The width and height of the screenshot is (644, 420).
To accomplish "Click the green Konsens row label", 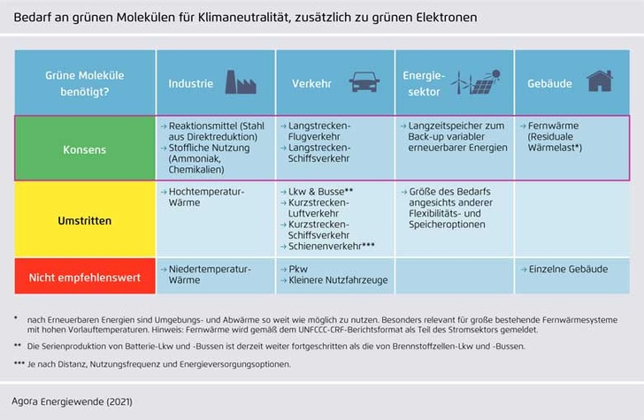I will pyautogui.click(x=85, y=149).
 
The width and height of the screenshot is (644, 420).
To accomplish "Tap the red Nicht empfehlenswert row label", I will pyautogui.click(x=85, y=277).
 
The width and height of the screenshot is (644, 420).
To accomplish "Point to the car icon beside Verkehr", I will pyautogui.click(x=364, y=83).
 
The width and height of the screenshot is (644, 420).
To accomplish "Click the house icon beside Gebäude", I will pyautogui.click(x=599, y=81).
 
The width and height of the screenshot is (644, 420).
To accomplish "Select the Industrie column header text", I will pyautogui.click(x=191, y=84).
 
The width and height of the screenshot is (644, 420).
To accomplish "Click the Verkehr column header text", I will pyautogui.click(x=311, y=84).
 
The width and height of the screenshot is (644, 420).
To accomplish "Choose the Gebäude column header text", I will pyautogui.click(x=549, y=84).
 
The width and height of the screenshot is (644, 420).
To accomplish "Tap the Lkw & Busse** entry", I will pyautogui.click(x=320, y=191).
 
